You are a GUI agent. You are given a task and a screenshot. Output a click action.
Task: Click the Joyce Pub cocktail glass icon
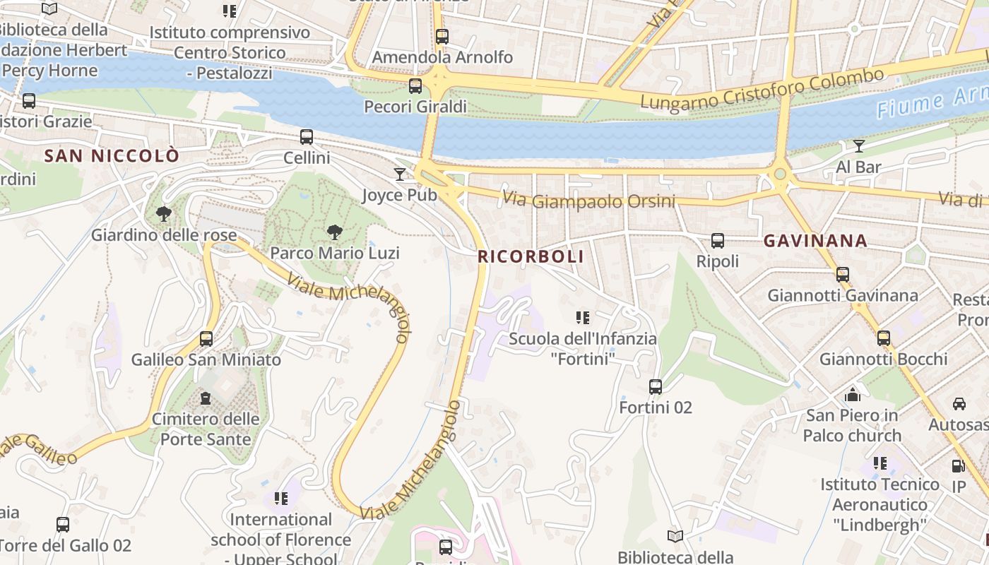pyautogui.click(x=401, y=174)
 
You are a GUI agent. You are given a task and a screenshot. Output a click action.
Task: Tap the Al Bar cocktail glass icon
pyautogui.click(x=858, y=146)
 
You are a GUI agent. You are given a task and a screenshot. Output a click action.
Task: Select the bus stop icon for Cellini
pyautogui.click(x=307, y=137)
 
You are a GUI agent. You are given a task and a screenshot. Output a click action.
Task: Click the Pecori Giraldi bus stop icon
pyautogui.click(x=415, y=86)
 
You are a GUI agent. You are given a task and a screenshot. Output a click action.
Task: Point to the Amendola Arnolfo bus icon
pyautogui.click(x=442, y=36)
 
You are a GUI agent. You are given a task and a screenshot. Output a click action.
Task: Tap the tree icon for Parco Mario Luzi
pyautogui.click(x=334, y=232)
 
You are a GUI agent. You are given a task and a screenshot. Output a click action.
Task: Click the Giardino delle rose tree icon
pyautogui.click(x=164, y=213)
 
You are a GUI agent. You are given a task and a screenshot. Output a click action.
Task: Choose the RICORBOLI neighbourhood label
pyautogui.click(x=531, y=256)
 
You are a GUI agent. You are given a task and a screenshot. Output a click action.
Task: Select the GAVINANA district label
pyautogui.click(x=815, y=241)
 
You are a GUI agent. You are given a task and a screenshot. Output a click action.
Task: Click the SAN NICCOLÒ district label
pyautogui.click(x=112, y=156)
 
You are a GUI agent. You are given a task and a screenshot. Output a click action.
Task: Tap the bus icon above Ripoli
pyautogui.click(x=718, y=241)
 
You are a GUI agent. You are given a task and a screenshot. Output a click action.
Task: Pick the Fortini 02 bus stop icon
pyautogui.click(x=656, y=387)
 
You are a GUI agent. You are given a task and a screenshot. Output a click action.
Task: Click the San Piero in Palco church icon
pyautogui.click(x=853, y=395)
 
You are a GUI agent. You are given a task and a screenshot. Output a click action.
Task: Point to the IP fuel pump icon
pyautogui.click(x=959, y=466)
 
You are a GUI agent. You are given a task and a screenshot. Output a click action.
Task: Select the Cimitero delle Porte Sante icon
pyautogui.click(x=206, y=399)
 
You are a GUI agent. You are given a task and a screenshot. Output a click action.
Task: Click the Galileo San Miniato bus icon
pyautogui.click(x=206, y=339)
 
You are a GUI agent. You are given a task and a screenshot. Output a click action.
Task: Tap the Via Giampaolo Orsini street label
pyautogui.click(x=588, y=201)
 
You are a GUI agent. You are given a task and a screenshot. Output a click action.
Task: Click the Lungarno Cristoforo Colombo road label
pyautogui.click(x=762, y=90)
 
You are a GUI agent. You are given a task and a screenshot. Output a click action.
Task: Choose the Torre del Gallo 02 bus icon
pyautogui.click(x=63, y=525)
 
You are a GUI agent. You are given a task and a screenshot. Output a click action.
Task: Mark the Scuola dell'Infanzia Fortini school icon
pyautogui.click(x=583, y=318)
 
